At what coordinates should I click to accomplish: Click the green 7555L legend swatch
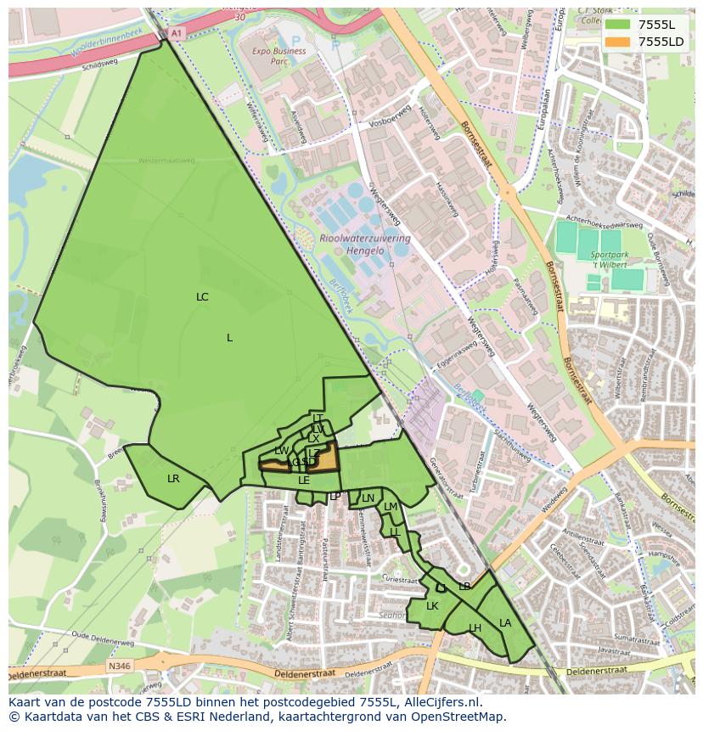click(617, 25)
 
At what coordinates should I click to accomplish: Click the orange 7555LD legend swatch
click(617, 42)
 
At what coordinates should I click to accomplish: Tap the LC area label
click(202, 297)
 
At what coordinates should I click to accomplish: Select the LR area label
click(173, 479)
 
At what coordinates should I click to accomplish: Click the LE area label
click(303, 481)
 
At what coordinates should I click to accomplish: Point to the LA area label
click(505, 623)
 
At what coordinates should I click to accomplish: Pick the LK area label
click(432, 606)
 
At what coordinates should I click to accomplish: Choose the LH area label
click(475, 628)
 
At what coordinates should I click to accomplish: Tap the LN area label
click(368, 498)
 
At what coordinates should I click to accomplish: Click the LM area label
click(390, 507)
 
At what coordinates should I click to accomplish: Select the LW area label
click(281, 451)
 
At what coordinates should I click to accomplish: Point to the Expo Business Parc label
click(278, 56)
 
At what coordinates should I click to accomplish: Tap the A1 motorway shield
click(176, 32)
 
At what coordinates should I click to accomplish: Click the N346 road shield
click(119, 666)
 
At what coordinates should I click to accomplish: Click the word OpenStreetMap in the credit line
click(456, 717)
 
